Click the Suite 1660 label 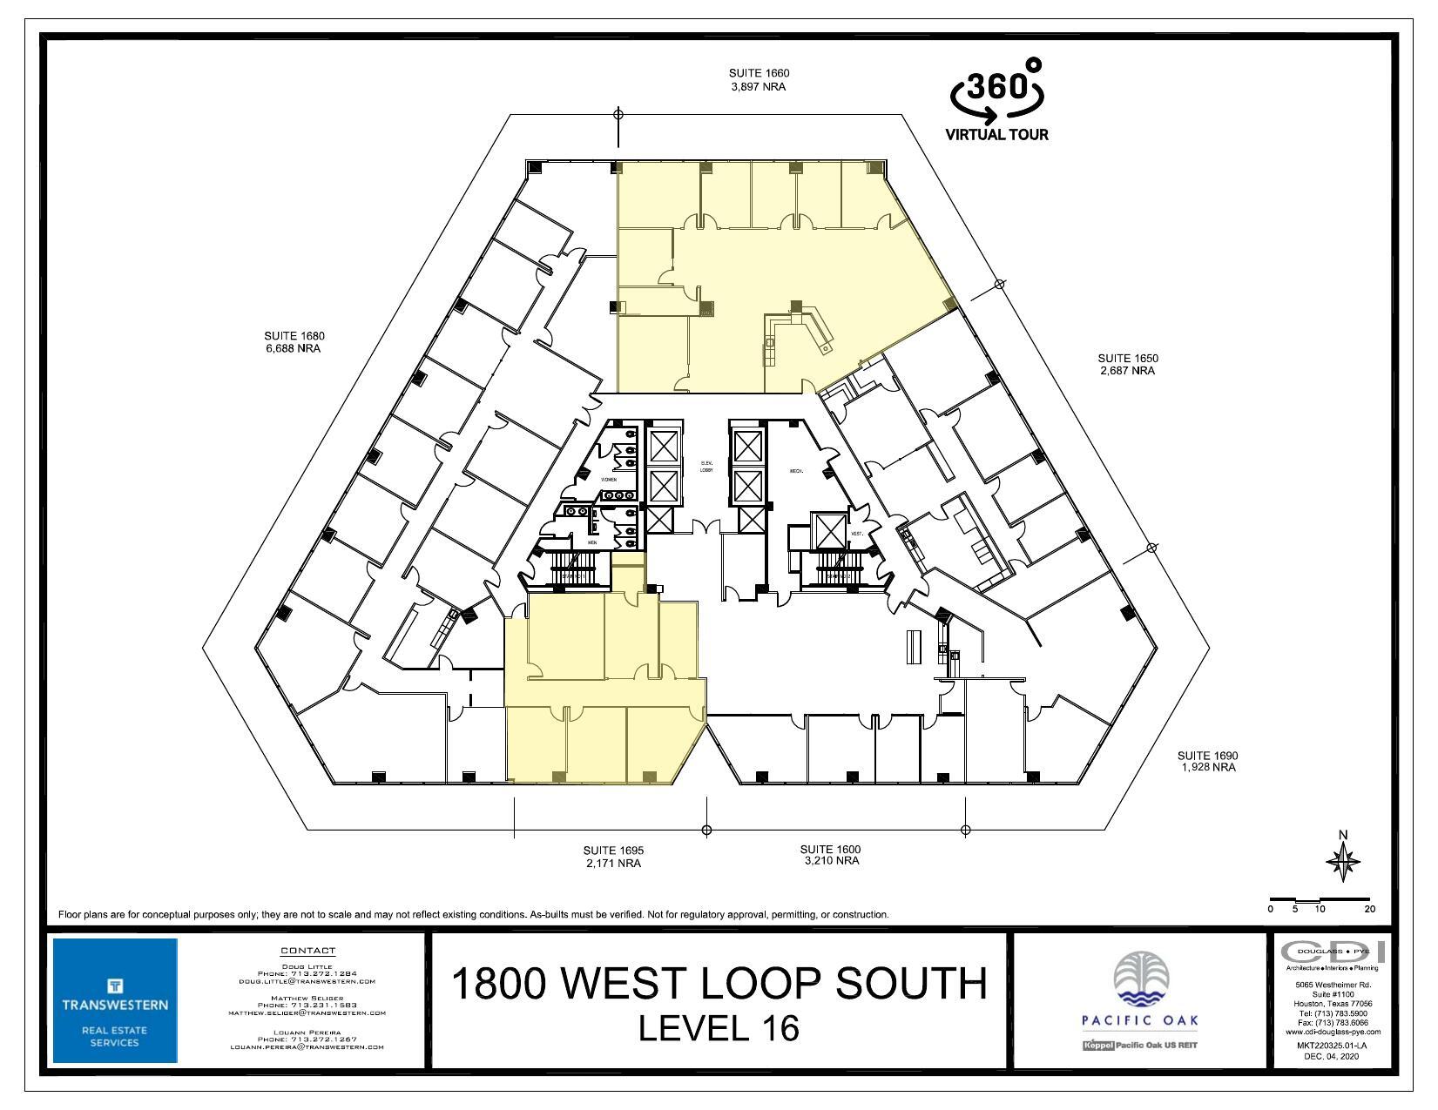click(x=759, y=80)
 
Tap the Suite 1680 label click(x=294, y=342)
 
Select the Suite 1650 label click(x=1127, y=364)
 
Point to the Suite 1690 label click(x=1207, y=761)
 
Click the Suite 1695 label click(x=613, y=857)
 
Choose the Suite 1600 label click(x=830, y=855)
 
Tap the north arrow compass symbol click(x=1342, y=862)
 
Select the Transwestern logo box click(x=115, y=1000)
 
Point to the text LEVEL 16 click(x=719, y=1028)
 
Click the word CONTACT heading click(x=307, y=951)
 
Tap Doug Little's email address click(x=307, y=981)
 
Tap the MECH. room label click(x=795, y=471)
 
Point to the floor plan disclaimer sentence click(x=473, y=915)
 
